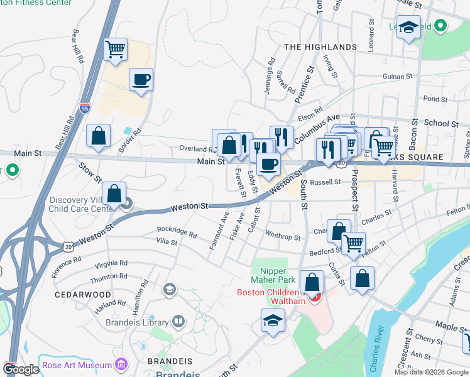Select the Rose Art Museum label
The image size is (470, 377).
tap(77, 365)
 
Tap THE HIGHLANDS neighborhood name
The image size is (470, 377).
tap(320, 47)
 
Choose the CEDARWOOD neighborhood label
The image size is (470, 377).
tap(83, 294)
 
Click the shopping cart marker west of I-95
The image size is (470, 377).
tap(115, 48)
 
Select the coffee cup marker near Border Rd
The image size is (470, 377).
tap(141, 80)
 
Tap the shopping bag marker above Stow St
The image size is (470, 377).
tap(99, 136)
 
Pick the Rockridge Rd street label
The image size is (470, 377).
tap(177, 232)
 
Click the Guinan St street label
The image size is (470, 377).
tap(397, 77)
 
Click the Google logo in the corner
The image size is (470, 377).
tap(21, 369)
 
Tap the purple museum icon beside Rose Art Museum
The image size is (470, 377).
tap(122, 364)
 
